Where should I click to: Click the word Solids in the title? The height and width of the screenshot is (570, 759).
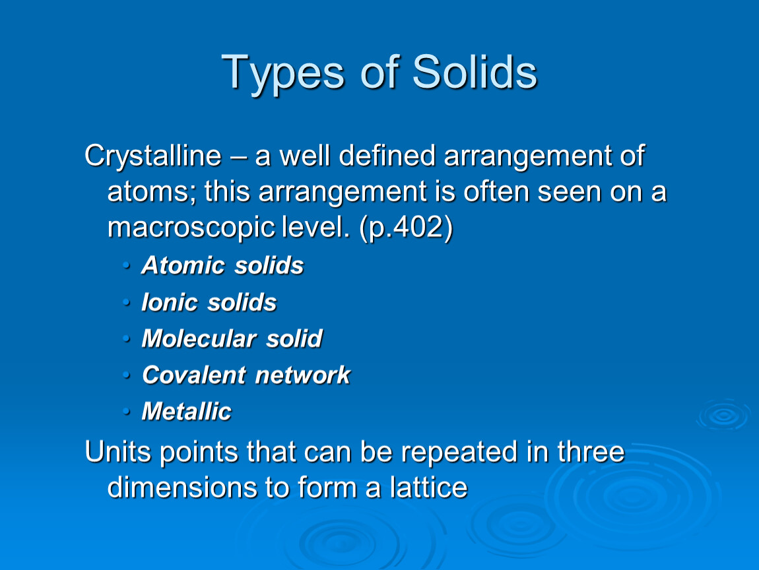[475, 73]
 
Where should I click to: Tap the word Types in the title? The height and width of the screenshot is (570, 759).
[283, 75]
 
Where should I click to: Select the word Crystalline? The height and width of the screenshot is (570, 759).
[153, 157]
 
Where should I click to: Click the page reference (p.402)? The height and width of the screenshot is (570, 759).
[406, 228]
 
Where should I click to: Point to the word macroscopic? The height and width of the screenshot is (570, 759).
[191, 228]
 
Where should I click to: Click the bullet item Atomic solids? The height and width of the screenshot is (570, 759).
[222, 265]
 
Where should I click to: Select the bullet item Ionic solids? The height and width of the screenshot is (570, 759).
[209, 302]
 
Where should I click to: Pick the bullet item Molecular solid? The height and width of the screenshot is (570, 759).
[232, 338]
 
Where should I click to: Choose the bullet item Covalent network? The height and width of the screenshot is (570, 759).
[246, 375]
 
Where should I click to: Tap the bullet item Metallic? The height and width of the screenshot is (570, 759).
[186, 411]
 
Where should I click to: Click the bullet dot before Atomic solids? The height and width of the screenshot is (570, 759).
[126, 265]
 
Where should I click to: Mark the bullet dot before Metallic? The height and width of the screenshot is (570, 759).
[126, 411]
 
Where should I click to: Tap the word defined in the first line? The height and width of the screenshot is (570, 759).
[387, 156]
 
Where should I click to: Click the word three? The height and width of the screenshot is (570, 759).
[591, 451]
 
